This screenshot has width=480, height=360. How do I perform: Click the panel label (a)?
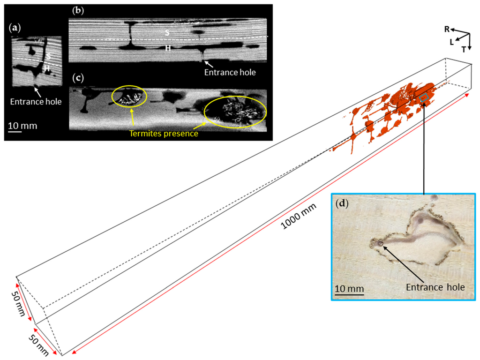tap(15, 28)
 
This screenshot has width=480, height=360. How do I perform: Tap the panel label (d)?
tap(343, 205)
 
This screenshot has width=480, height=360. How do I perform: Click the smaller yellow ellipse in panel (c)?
tap(129, 96)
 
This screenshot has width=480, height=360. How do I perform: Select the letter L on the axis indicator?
tap(452, 42)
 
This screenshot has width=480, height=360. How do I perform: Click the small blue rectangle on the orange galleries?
tap(424, 97)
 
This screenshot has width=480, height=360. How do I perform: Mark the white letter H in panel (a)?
tap(47, 68)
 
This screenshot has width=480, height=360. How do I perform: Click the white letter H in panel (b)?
tap(167, 48)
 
